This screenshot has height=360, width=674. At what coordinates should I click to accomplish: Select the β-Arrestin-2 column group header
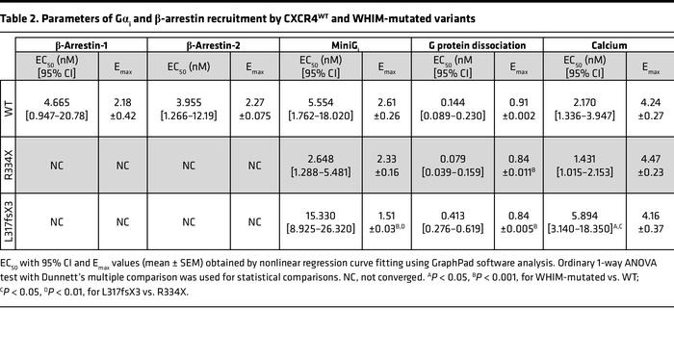click(214, 45)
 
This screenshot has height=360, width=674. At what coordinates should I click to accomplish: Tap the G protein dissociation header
click(479, 45)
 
